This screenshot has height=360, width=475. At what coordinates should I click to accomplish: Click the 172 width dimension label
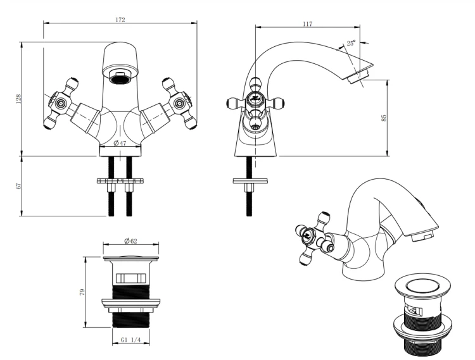[120, 20]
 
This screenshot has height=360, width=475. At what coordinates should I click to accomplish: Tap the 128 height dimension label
[19, 99]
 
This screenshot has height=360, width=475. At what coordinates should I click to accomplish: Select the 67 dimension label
[19, 186]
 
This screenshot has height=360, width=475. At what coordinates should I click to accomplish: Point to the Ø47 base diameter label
[120, 143]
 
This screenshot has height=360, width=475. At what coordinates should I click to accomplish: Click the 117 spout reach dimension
[307, 24]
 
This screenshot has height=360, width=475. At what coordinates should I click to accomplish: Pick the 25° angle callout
[351, 43]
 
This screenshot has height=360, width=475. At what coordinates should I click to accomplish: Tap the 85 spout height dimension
[384, 118]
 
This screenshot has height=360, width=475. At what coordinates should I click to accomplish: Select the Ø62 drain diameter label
[130, 241]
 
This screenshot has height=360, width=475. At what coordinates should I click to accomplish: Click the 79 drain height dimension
[82, 292]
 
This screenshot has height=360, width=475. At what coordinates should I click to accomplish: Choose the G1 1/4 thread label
[130, 340]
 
